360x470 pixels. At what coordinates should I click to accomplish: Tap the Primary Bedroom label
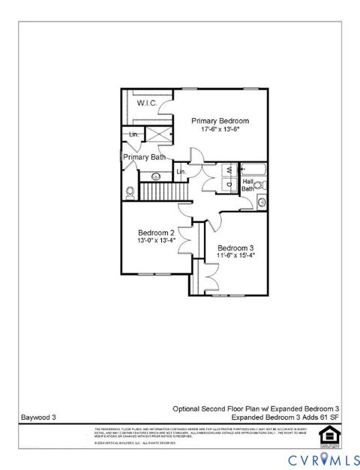click(x=220, y=120)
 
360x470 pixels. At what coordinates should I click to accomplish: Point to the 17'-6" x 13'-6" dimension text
click(x=220, y=129)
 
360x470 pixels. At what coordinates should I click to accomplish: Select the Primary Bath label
click(x=145, y=157)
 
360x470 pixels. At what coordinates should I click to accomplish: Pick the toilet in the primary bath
click(x=130, y=191)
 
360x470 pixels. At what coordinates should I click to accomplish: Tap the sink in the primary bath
click(x=157, y=176)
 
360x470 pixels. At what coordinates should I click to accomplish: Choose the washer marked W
click(x=228, y=170)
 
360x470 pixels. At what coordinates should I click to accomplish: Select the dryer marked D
click(x=228, y=182)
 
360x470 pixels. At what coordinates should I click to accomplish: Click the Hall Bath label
click(x=247, y=185)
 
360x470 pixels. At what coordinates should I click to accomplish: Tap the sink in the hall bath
click(x=261, y=201)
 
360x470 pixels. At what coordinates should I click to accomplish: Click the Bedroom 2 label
click(x=156, y=232)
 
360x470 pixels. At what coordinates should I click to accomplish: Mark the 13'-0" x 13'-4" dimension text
click(x=156, y=240)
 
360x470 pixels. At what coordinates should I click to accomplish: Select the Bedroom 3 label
click(x=235, y=248)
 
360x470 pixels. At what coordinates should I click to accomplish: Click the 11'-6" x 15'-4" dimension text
click(x=235, y=256)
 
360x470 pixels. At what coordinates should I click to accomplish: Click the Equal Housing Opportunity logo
click(x=326, y=433)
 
